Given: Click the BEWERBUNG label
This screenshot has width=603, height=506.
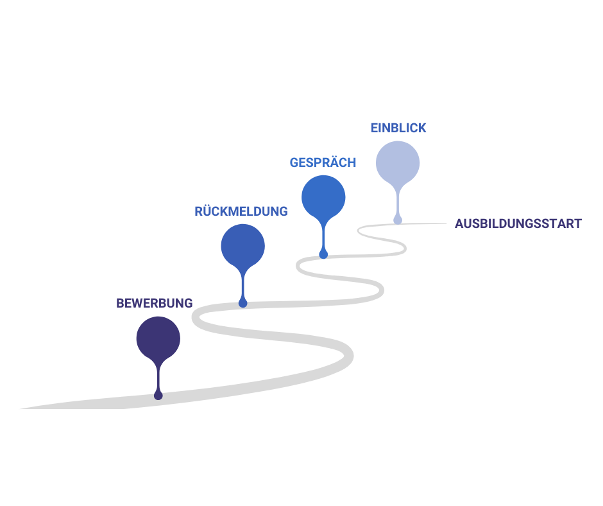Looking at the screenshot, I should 154,303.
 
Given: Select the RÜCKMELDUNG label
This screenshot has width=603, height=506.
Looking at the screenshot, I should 241,211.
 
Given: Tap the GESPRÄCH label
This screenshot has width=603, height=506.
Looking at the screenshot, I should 323,163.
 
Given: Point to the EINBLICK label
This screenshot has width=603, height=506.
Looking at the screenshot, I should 398,128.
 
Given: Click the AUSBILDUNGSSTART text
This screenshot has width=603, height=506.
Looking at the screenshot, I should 518,224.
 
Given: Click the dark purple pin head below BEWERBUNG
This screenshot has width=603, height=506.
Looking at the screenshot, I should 158,338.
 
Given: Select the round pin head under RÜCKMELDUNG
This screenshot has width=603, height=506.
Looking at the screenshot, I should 242,245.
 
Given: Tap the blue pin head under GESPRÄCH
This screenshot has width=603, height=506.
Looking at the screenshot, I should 323,196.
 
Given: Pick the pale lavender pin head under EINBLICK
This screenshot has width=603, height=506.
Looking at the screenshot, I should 398,162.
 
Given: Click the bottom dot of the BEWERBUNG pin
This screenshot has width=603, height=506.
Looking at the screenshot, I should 158,396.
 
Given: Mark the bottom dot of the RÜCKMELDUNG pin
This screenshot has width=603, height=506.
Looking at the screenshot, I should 242,303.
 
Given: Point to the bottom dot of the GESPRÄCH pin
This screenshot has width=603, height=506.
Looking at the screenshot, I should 323,254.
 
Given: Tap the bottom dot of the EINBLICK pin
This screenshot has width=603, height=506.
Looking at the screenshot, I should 398,220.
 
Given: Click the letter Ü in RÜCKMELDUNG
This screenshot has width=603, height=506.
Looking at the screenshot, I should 208,211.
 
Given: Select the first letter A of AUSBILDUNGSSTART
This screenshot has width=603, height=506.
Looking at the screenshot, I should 459,224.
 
